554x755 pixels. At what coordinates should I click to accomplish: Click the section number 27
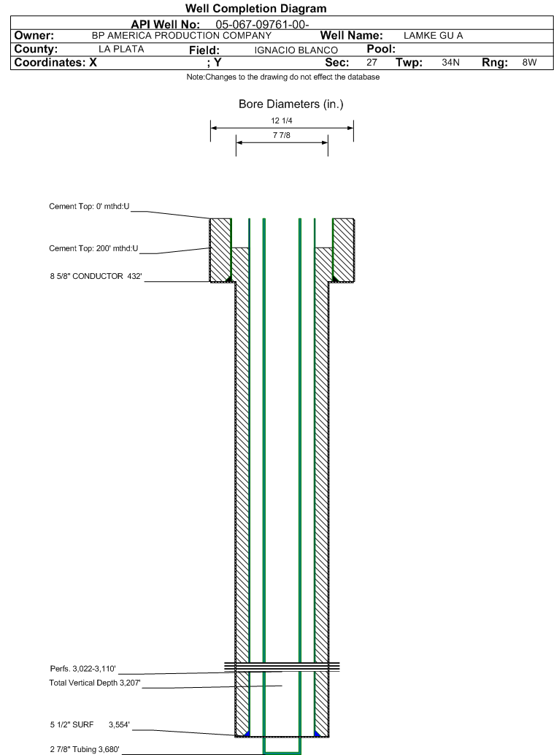(371, 63)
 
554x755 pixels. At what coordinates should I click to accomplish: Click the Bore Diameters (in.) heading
(291, 104)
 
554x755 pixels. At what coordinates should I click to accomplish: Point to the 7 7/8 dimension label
(281, 134)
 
